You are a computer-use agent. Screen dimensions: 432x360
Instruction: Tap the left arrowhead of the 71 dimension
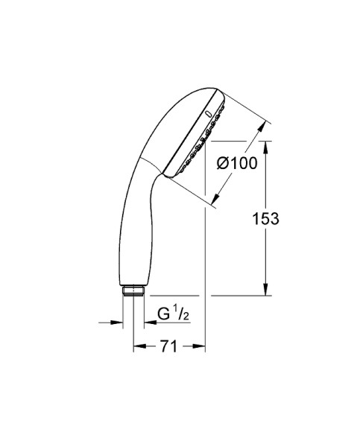pos(138,346)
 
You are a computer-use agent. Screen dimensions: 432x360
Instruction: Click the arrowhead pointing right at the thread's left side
pos(118,323)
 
